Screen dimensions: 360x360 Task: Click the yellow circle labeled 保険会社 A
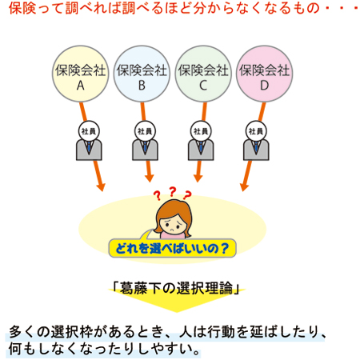click(x=80, y=74)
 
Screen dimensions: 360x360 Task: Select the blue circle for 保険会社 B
click(x=142, y=74)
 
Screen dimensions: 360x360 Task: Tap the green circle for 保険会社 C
click(x=203, y=74)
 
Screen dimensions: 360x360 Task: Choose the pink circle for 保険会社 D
click(x=264, y=74)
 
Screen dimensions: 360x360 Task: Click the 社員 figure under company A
click(x=89, y=141)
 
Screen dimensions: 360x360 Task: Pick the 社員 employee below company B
click(x=145, y=141)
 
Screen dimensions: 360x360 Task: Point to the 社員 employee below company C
click(x=201, y=141)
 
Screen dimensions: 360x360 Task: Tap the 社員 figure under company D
click(x=256, y=141)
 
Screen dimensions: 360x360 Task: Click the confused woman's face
click(x=174, y=224)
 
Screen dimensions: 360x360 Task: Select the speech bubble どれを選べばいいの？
click(x=172, y=248)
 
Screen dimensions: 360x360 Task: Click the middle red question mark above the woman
click(x=173, y=191)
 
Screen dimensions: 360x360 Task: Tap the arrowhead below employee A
click(x=101, y=186)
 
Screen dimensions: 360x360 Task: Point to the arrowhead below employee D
click(x=244, y=186)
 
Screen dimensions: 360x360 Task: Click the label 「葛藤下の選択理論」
click(x=176, y=288)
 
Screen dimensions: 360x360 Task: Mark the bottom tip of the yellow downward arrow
click(x=176, y=312)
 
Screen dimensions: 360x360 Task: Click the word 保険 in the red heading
click(x=22, y=7)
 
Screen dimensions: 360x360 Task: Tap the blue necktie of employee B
click(x=145, y=147)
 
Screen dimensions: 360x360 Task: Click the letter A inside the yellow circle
click(x=81, y=86)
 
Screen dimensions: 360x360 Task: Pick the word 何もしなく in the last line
click(x=42, y=349)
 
